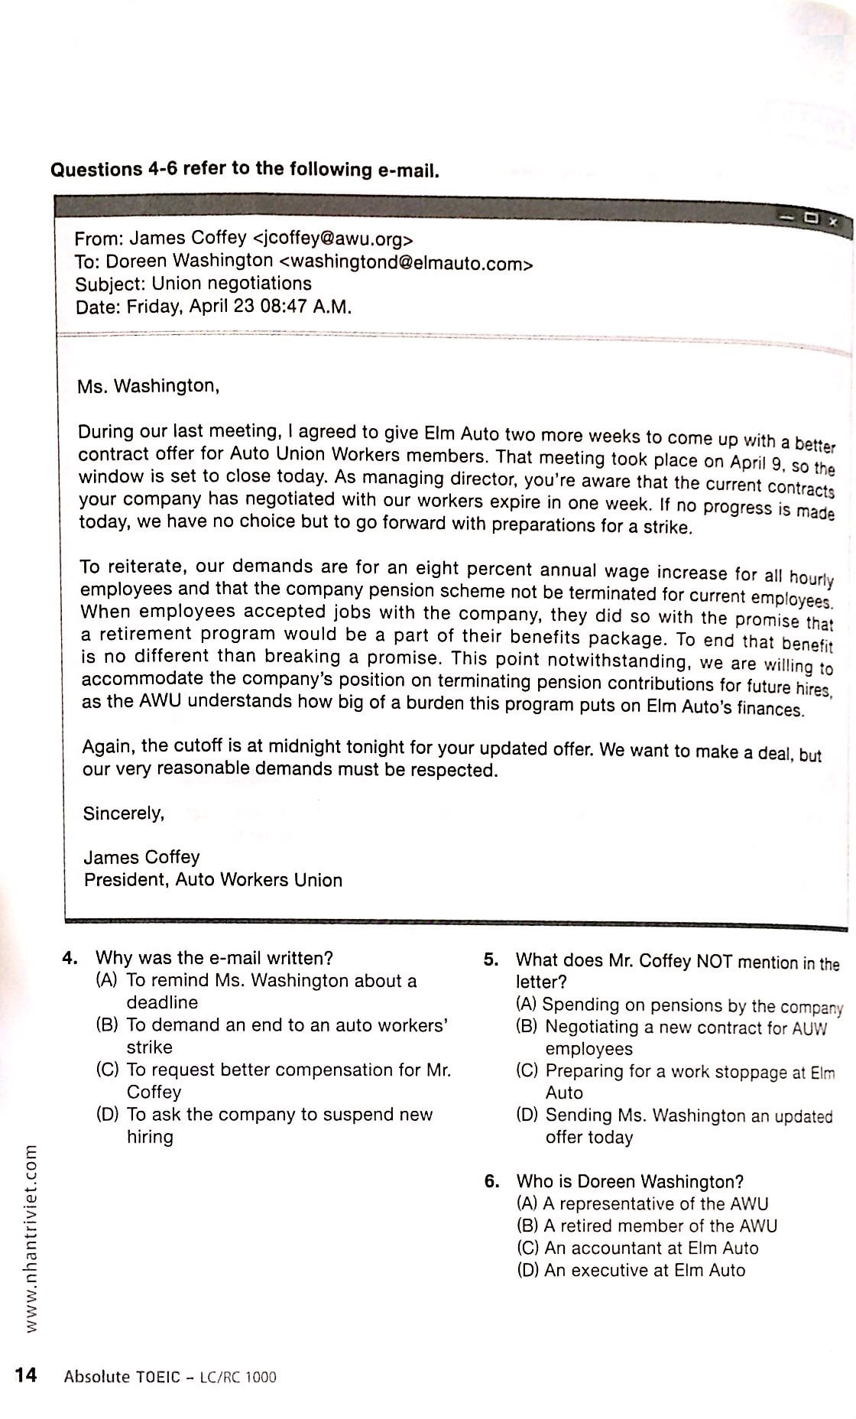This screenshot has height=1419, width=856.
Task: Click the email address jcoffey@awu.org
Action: (332, 239)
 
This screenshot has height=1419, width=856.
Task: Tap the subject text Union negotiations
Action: (232, 284)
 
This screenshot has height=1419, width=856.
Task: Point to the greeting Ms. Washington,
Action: (148, 386)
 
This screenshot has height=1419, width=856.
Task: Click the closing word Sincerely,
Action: (124, 813)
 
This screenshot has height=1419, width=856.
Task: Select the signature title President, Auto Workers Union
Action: (212, 880)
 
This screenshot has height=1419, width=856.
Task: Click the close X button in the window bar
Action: (833, 222)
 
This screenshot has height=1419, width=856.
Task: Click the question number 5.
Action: (491, 960)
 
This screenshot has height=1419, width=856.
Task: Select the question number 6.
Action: (492, 1181)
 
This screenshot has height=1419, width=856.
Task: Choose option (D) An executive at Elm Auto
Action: (631, 1271)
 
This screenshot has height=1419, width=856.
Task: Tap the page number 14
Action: (25, 1375)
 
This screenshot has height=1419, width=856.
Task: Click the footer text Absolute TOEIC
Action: (122, 1377)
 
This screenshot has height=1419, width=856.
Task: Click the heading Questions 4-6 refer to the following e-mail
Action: (245, 169)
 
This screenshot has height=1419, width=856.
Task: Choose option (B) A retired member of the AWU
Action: (646, 1226)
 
